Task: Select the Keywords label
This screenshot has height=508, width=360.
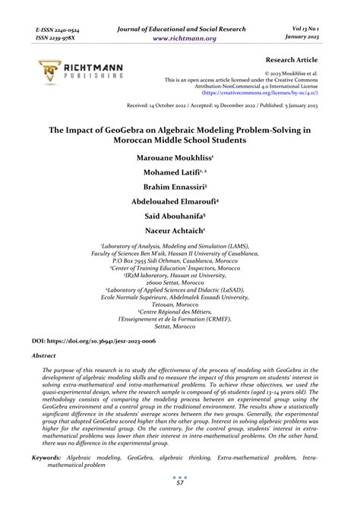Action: point(46,458)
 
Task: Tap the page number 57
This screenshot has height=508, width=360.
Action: point(180,483)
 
